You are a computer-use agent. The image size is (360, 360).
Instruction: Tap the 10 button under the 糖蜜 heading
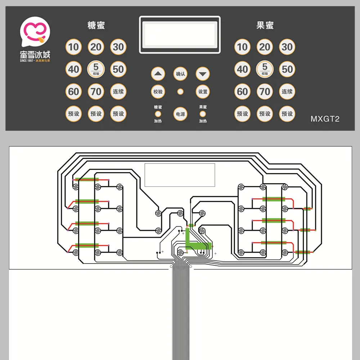(x=73, y=47)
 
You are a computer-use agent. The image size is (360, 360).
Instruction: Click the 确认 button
(x=180, y=74)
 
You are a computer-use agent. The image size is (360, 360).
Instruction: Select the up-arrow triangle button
(x=158, y=74)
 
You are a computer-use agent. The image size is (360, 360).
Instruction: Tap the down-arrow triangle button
(x=203, y=74)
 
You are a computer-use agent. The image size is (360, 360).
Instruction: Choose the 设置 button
(x=203, y=91)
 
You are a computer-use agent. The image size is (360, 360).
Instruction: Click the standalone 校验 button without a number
(x=158, y=91)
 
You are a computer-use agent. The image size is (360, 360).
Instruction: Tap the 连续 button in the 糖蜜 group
(x=118, y=91)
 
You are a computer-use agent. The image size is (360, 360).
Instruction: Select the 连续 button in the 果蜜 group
(x=287, y=91)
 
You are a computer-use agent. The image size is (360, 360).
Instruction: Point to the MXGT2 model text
(x=325, y=119)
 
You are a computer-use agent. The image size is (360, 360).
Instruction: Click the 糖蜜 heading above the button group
(x=96, y=25)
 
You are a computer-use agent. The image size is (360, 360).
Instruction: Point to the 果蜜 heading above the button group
(x=265, y=25)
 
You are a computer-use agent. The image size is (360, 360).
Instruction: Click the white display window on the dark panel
(x=180, y=35)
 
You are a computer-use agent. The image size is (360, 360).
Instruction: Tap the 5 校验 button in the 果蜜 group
(x=265, y=69)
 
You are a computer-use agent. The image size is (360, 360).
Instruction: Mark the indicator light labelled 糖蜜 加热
(x=158, y=114)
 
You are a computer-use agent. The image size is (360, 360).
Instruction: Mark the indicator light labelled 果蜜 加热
(x=203, y=114)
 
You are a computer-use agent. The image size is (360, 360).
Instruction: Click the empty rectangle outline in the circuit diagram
(x=180, y=175)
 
